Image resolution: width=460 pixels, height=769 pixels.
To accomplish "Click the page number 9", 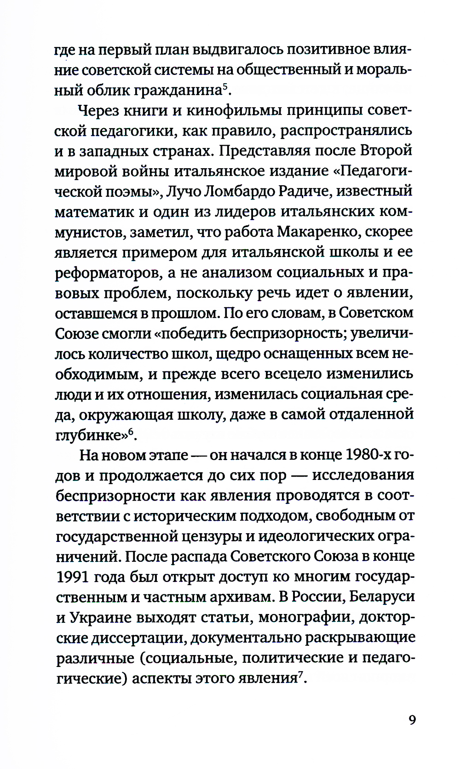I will point(412,719).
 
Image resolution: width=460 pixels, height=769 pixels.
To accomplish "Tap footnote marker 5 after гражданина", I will point(224,86).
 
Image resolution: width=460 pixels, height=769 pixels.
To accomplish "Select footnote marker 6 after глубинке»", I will point(130,431).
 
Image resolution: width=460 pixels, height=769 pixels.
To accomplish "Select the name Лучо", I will point(183,191).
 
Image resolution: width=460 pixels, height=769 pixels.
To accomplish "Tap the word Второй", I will point(386,151).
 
